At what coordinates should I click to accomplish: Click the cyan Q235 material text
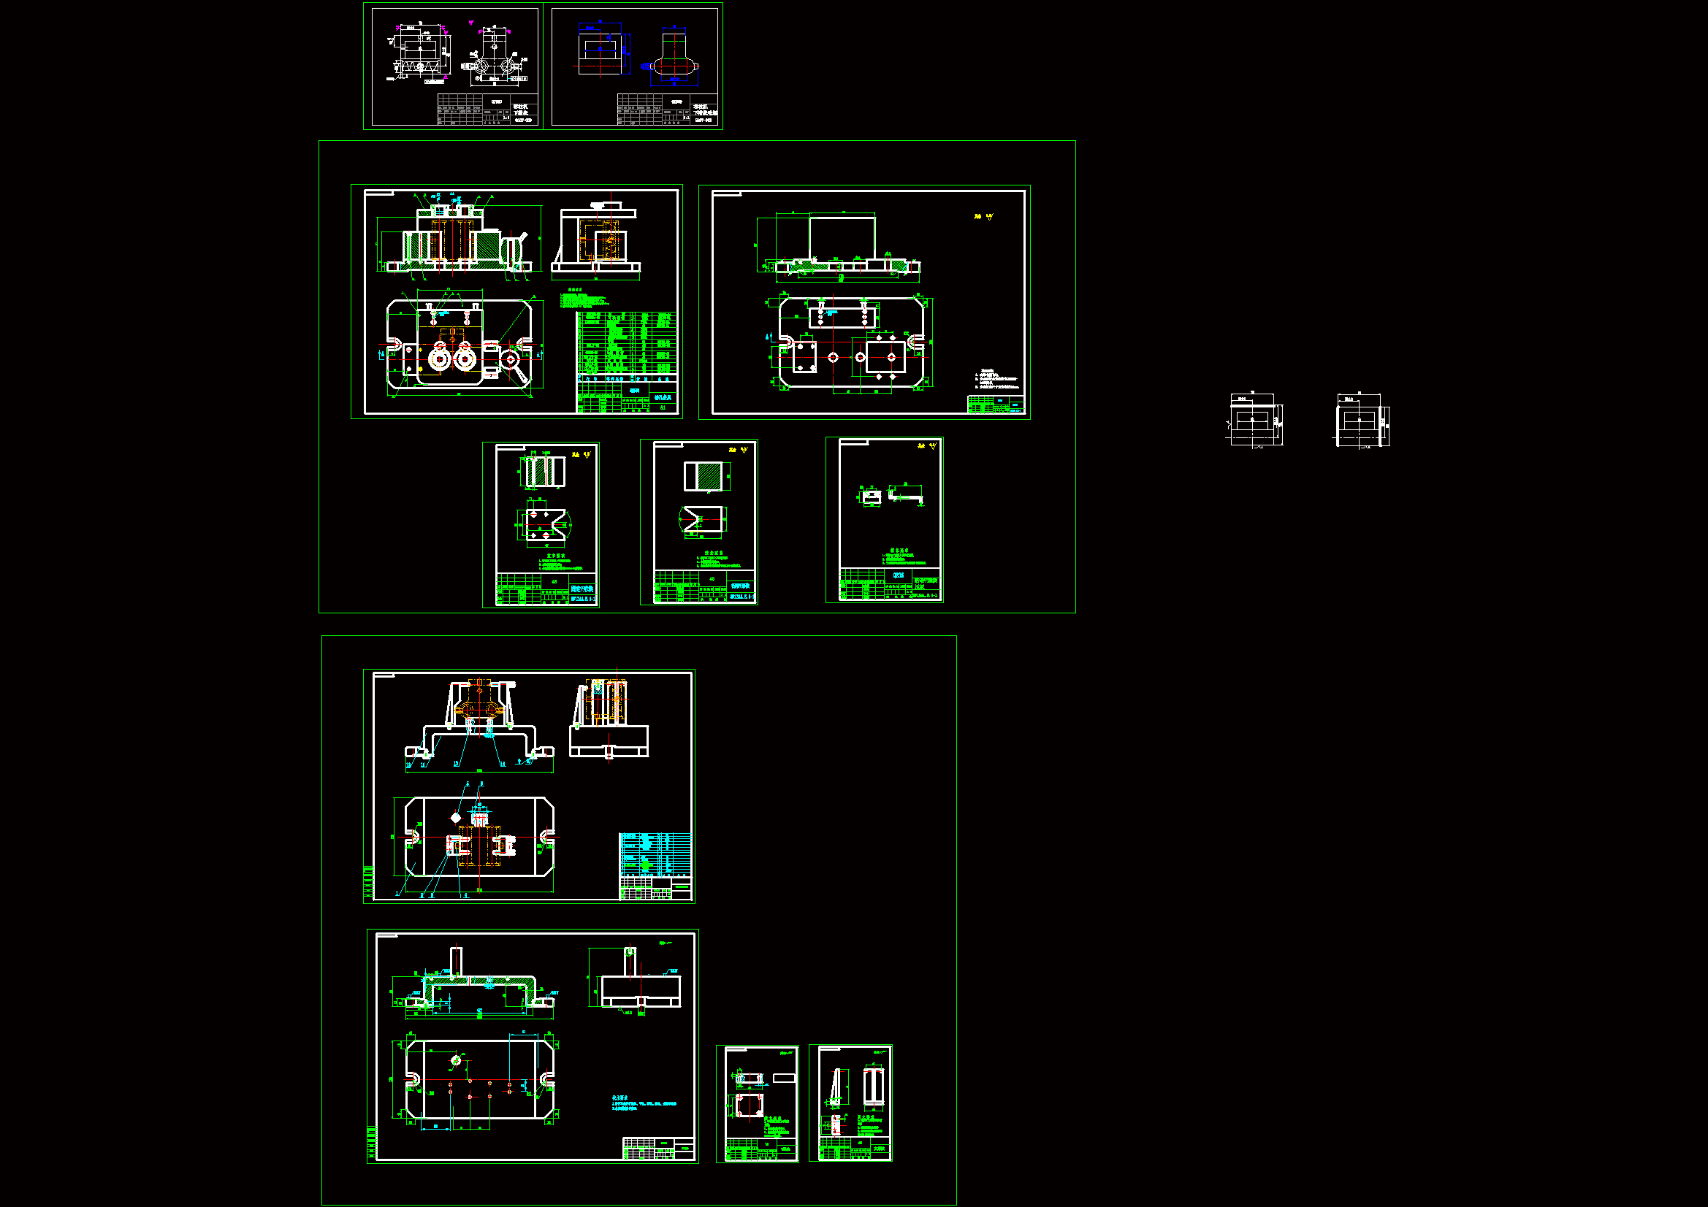(x=899, y=575)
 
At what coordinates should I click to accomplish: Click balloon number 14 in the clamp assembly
(x=502, y=764)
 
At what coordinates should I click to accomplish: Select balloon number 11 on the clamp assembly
(x=424, y=764)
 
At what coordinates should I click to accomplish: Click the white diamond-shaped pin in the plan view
(x=456, y=818)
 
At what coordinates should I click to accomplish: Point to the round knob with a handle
(x=511, y=361)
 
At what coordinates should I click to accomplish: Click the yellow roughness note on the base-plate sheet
(x=983, y=216)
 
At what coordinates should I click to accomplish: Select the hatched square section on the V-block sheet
(x=703, y=476)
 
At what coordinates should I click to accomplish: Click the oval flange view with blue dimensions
(x=674, y=67)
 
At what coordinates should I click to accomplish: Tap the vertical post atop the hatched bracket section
(x=456, y=962)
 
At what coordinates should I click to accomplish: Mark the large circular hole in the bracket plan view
(x=456, y=1060)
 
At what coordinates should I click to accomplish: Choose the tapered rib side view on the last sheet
(x=838, y=1087)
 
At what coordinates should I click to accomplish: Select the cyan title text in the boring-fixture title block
(x=662, y=398)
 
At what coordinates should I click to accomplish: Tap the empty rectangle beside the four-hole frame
(x=783, y=1078)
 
